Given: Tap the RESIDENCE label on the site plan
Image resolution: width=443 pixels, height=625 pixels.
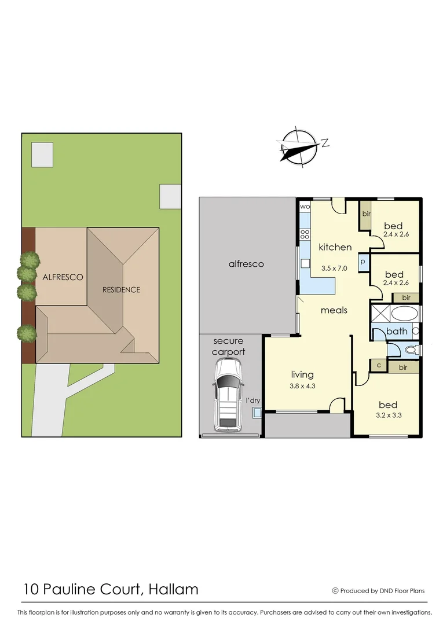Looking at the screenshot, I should click(x=122, y=289).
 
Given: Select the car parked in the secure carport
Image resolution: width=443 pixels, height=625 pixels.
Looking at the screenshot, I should click(x=227, y=395).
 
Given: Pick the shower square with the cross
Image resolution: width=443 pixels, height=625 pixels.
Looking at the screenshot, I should click(x=380, y=315).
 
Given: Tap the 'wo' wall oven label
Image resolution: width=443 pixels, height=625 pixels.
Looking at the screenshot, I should click(x=305, y=206).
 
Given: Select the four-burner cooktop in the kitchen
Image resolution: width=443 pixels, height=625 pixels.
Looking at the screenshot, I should click(x=305, y=235).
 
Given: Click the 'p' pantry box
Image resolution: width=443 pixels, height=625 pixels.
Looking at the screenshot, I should click(x=363, y=262).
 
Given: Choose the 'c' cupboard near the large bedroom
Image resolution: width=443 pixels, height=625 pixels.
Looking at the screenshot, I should click(x=379, y=365).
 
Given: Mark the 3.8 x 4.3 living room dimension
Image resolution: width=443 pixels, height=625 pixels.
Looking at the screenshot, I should click(x=302, y=385).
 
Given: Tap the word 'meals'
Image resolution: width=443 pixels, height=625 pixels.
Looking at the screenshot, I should click(x=334, y=310).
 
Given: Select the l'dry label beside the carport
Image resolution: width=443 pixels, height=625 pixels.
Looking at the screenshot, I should click(x=253, y=400).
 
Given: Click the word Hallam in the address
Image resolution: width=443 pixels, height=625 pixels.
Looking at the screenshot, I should click(x=173, y=589).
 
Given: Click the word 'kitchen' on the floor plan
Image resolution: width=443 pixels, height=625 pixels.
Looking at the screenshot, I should click(x=335, y=247).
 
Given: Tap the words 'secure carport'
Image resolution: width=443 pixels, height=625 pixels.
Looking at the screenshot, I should click(x=229, y=346).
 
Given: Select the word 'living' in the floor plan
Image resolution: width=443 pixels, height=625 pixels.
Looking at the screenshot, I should click(x=302, y=374).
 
